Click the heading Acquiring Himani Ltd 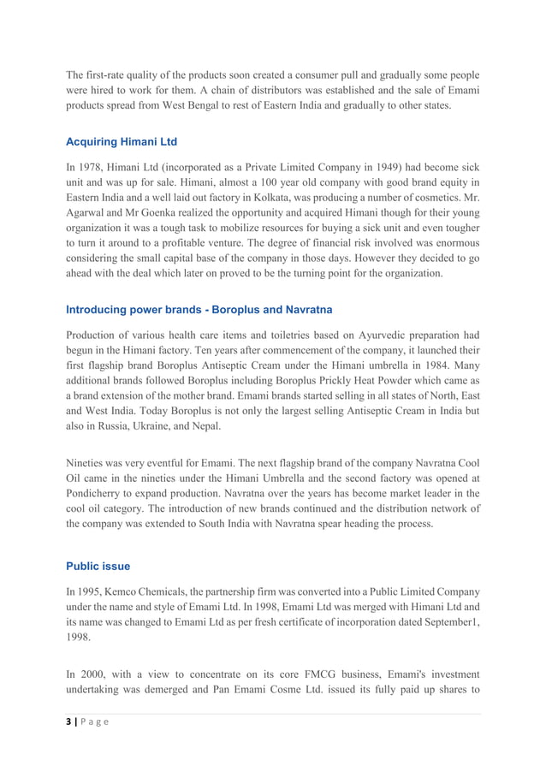(x=121, y=141)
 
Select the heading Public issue (x=98, y=566)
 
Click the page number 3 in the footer (x=68, y=722)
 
